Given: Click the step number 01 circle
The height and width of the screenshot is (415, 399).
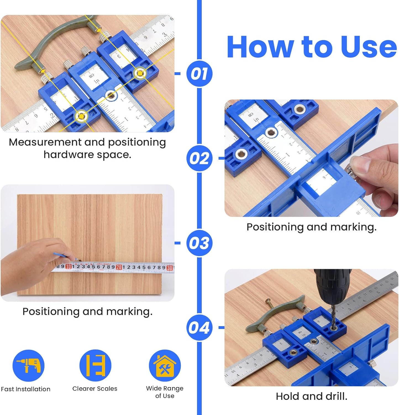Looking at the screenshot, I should (x=199, y=74).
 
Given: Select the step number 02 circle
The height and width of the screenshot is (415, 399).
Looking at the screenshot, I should (x=199, y=158).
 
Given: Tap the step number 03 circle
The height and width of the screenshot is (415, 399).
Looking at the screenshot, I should (x=199, y=243).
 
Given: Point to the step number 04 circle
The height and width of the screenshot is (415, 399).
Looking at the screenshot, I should (x=199, y=328).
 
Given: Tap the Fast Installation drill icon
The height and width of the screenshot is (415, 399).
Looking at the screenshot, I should (x=28, y=365).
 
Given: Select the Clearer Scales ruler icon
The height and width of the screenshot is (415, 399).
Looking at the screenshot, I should (x=95, y=365).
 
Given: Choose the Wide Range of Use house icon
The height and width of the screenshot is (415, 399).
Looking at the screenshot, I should (x=165, y=365).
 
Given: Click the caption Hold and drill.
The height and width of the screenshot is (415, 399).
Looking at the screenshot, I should (x=311, y=396).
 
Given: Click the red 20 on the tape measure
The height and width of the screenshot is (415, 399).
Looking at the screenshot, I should (x=119, y=267).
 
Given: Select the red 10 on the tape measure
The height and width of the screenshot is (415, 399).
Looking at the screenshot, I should (x=69, y=266).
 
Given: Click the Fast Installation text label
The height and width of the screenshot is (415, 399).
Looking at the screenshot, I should (x=26, y=389).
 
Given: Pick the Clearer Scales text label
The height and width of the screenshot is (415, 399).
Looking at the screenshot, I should (x=95, y=388).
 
